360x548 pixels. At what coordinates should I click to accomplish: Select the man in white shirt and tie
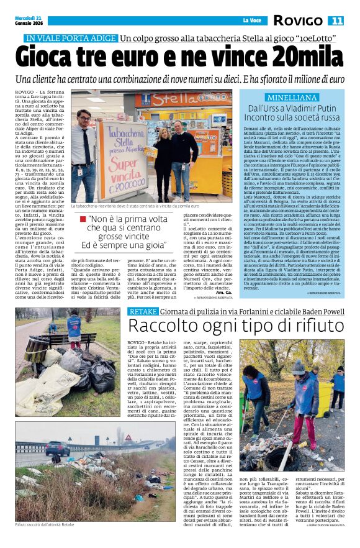click(x=83, y=153)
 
